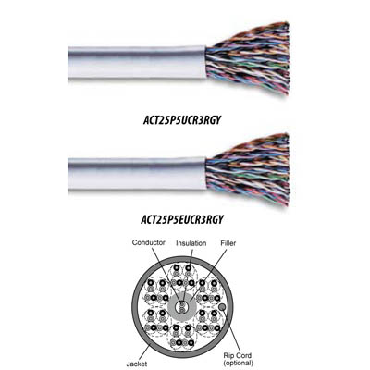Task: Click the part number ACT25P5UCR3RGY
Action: tap(182, 120)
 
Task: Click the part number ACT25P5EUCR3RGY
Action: tap(182, 219)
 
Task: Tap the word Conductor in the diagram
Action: tap(149, 242)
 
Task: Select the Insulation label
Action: tap(191, 243)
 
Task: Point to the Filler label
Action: tap(228, 243)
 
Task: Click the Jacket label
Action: tap(137, 364)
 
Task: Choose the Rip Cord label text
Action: tap(238, 355)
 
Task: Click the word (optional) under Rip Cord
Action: tap(238, 363)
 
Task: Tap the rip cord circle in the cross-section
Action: tap(221, 307)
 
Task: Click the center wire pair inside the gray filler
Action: tap(180, 307)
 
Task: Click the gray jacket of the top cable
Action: tap(137, 63)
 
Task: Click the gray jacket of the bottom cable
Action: tap(137, 173)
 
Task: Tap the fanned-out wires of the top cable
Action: tap(248, 58)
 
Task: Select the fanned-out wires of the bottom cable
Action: tap(248, 172)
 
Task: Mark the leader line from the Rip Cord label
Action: tap(231, 329)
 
